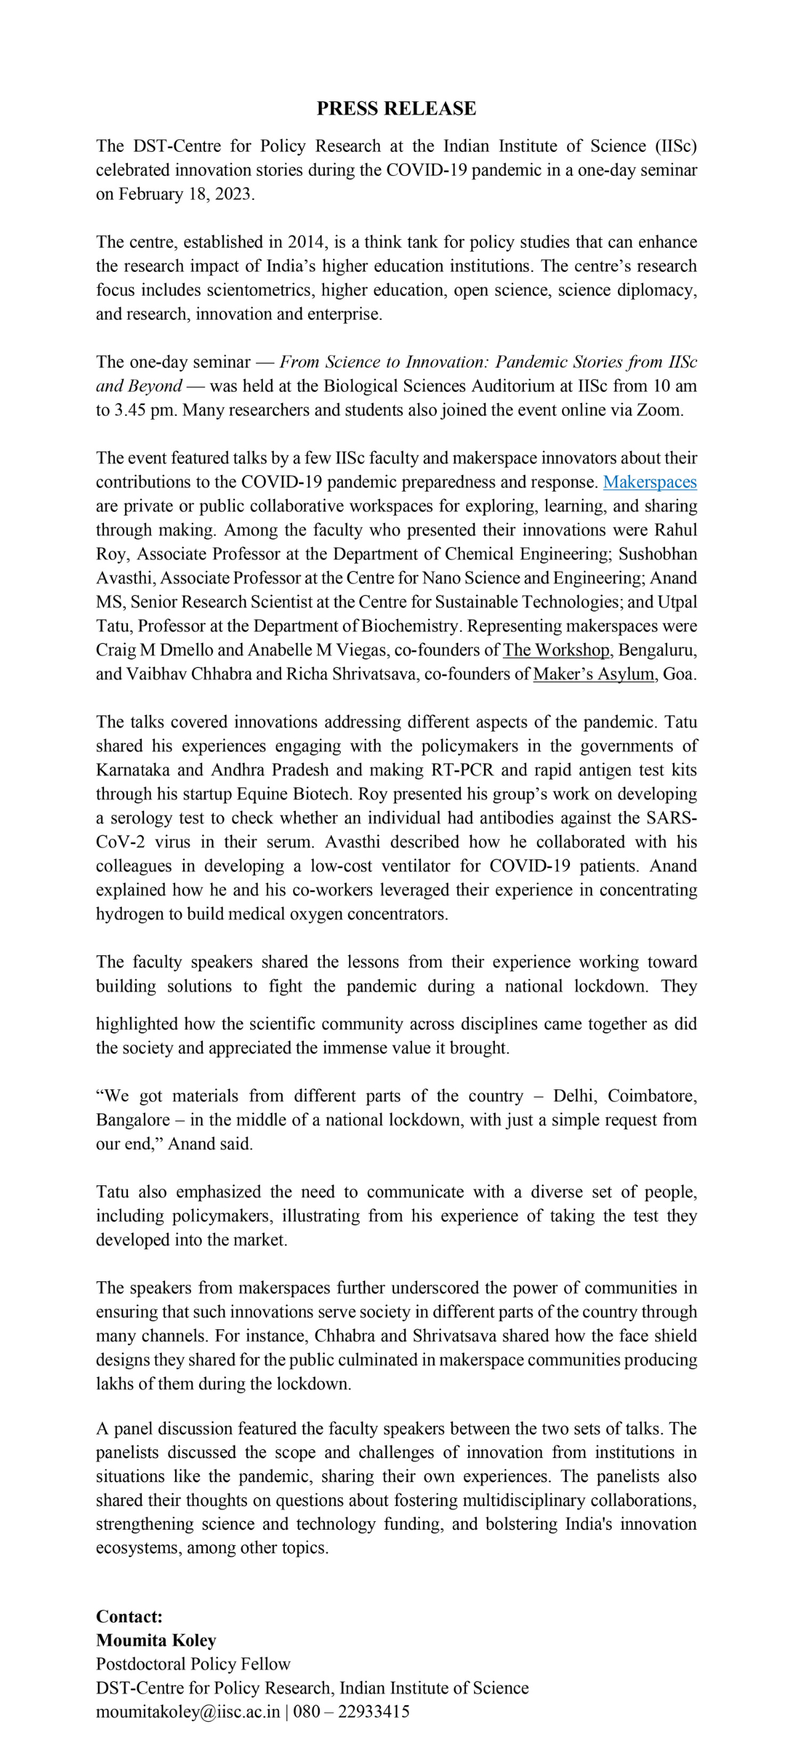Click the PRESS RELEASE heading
coord(396,109)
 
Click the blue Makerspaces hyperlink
coord(650,482)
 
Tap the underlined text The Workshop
coord(556,650)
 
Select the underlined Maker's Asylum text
coord(593,674)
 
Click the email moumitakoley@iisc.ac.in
coord(188,1711)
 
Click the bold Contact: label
coord(129,1616)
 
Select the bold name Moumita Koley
coord(156,1640)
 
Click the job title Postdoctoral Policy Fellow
coord(193,1663)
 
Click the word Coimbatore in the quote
coord(652,1096)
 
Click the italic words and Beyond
coord(138,386)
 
